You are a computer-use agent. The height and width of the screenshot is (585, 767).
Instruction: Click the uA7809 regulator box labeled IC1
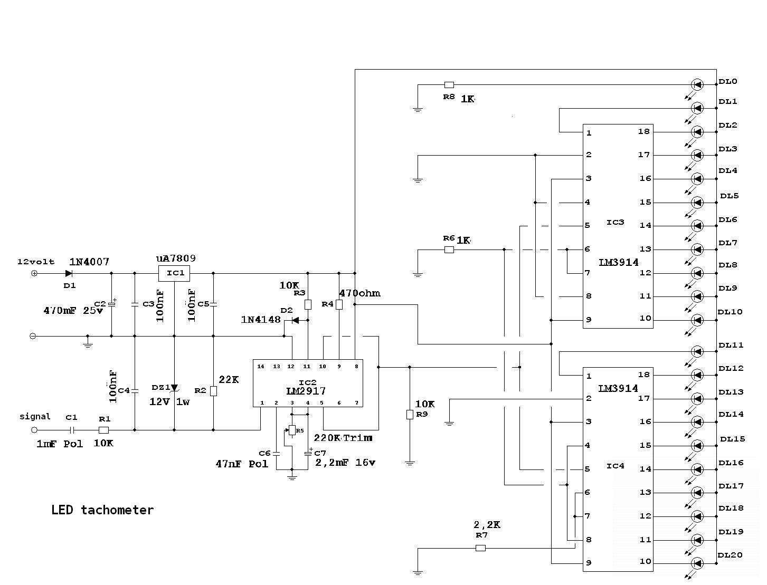[x=174, y=273]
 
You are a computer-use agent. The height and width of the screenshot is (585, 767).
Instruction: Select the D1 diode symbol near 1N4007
[x=69, y=273]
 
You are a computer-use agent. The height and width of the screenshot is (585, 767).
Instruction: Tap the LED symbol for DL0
[x=697, y=84]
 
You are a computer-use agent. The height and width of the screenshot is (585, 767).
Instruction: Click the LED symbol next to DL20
[x=697, y=563]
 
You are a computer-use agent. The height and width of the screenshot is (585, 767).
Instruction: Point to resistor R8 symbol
[x=449, y=84]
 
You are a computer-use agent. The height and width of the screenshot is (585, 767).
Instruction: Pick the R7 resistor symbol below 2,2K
[x=480, y=548]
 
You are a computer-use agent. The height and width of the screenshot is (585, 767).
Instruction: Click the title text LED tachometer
[x=102, y=510]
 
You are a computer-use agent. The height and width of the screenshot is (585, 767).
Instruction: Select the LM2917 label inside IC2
[x=307, y=391]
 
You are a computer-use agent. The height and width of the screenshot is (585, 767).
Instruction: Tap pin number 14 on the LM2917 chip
[x=261, y=366]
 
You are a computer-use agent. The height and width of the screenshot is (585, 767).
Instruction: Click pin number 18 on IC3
[x=643, y=131]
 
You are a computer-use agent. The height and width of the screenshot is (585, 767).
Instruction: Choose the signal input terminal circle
[x=35, y=430]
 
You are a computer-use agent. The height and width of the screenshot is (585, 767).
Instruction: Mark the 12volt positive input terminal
[x=35, y=273]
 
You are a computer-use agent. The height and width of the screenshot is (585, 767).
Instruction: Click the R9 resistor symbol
[x=410, y=415]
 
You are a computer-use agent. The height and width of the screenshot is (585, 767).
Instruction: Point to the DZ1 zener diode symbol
[x=174, y=388]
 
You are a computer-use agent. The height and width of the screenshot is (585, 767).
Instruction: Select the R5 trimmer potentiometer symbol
[x=292, y=430]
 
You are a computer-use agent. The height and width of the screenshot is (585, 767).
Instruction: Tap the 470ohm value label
[x=359, y=293]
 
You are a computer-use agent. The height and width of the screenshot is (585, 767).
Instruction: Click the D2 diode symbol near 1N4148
[x=295, y=320]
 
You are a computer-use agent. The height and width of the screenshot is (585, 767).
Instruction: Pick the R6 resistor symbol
[x=449, y=250]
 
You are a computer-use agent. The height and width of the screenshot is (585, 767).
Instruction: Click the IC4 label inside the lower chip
[x=616, y=466]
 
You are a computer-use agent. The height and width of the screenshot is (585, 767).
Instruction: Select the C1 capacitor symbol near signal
[x=72, y=430]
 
